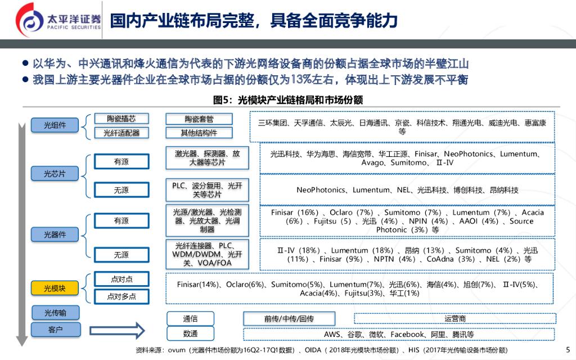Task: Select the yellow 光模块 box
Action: [x=55, y=289]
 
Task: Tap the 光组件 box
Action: [x=55, y=125]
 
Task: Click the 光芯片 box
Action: [x=55, y=174]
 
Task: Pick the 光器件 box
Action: [x=55, y=234]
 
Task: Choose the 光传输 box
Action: [x=55, y=312]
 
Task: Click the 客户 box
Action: [x=55, y=330]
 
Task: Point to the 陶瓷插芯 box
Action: [x=121, y=119]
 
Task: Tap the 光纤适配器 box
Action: [x=121, y=133]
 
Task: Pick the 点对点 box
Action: [x=121, y=279]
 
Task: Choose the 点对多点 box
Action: [x=121, y=296]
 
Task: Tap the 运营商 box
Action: [x=455, y=318]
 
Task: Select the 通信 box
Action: [x=191, y=318]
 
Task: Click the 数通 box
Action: [x=191, y=334]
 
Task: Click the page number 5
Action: [x=566, y=348]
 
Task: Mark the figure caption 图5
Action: [x=287, y=100]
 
